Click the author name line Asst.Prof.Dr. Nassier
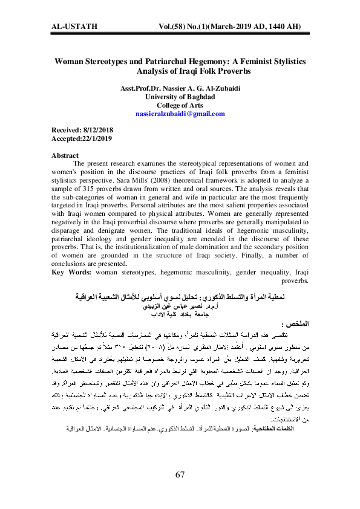coord(180,89)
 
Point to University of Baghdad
coord(180,97)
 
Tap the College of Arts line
coord(180,105)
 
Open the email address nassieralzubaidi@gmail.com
coord(180,114)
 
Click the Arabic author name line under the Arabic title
coord(180,306)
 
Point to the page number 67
coord(180,475)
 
